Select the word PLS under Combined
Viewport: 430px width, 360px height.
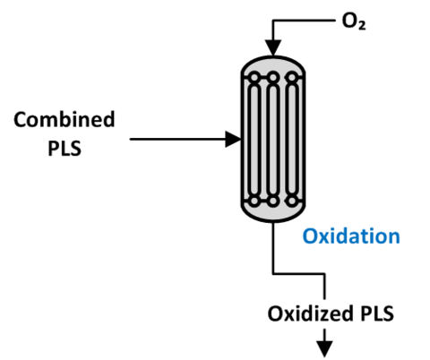[64, 148]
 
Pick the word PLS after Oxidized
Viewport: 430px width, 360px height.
[374, 313]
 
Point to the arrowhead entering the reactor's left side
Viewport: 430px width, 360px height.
[234, 139]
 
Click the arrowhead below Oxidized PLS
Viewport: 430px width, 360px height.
[325, 345]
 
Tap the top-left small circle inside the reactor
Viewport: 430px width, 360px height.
[254, 77]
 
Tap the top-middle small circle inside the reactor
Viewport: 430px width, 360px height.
[272, 77]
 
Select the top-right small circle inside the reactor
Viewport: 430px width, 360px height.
[291, 77]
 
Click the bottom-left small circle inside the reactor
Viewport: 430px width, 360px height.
[254, 201]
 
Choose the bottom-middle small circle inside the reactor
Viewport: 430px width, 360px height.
[272, 201]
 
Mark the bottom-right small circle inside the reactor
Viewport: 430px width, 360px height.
[291, 201]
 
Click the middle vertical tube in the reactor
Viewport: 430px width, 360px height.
[272, 139]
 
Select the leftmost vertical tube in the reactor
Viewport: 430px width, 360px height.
[254, 139]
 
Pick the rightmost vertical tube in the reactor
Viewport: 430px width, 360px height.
[291, 139]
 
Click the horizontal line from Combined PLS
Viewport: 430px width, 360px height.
[179, 139]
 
